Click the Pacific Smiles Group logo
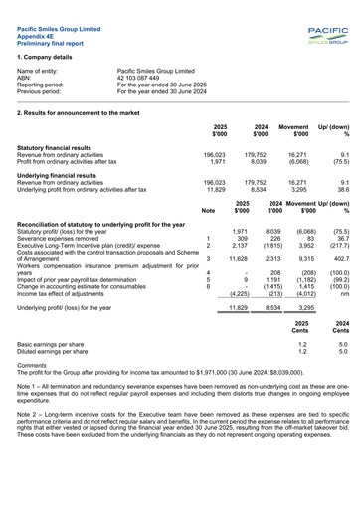(x=326, y=38)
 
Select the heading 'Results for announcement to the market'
(x=79, y=114)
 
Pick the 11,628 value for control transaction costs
(x=237, y=258)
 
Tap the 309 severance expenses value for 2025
(x=240, y=238)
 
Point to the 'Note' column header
(x=208, y=211)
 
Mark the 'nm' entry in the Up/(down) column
(x=344, y=293)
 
